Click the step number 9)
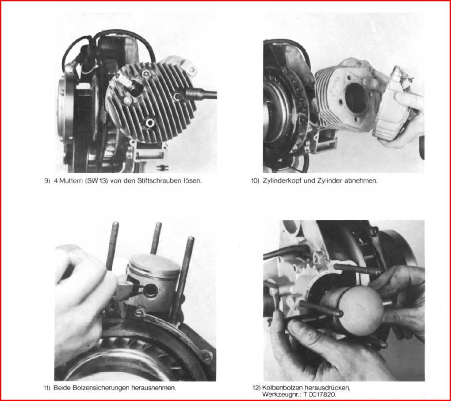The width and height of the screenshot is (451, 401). (47, 181)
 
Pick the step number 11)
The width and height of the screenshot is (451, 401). (47, 388)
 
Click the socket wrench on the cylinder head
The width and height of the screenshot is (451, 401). (200, 94)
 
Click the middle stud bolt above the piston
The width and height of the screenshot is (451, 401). (156, 238)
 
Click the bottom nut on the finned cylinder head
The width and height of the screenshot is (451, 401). (150, 123)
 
